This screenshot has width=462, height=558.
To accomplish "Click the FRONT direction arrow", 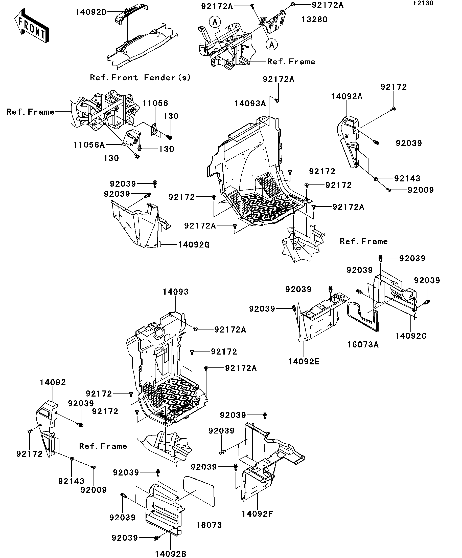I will coord(31,26).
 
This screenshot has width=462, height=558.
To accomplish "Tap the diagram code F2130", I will coord(423,4).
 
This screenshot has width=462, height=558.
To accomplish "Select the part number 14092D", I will coord(91,12).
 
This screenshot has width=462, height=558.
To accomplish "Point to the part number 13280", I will coord(314,20).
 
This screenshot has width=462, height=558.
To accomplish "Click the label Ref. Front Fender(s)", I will coord(140,78).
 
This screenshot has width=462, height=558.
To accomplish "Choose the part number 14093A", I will coord(250,104).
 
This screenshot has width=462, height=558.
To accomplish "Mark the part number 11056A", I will coord(89,145).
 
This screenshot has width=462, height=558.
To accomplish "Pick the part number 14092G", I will coord(193,245).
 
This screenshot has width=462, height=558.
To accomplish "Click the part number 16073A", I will coord(363,345).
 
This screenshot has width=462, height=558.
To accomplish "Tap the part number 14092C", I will coord(410,336).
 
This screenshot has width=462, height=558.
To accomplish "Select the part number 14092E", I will coord(304,362).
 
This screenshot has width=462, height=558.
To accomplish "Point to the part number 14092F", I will coord(257,514).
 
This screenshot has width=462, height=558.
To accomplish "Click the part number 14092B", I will coord(170,554).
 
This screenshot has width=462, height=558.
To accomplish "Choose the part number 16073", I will coord(209,525).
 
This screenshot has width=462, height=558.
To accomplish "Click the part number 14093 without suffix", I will coord(175,292).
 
